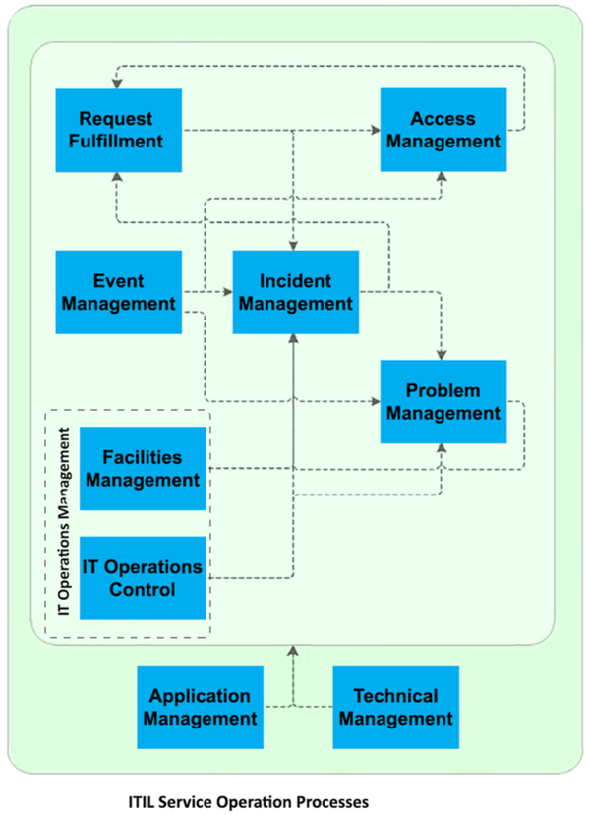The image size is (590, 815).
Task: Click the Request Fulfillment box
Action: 118,130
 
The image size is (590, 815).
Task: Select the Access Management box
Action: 443,130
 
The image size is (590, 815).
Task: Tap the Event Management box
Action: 119,292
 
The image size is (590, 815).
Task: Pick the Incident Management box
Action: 295,292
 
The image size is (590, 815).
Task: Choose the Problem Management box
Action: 442,401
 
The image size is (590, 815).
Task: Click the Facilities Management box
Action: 143,469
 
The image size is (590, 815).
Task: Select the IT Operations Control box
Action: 143,578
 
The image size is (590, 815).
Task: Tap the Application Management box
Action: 200,707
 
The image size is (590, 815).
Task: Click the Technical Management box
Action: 395,707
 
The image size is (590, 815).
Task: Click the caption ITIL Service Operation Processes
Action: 248,802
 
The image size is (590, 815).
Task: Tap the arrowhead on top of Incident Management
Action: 294,245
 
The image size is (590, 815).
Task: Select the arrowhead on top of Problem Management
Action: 442,354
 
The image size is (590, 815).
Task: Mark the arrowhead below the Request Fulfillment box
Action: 117,178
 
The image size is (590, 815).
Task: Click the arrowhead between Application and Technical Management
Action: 294,651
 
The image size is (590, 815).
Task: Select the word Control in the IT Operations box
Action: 143,590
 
